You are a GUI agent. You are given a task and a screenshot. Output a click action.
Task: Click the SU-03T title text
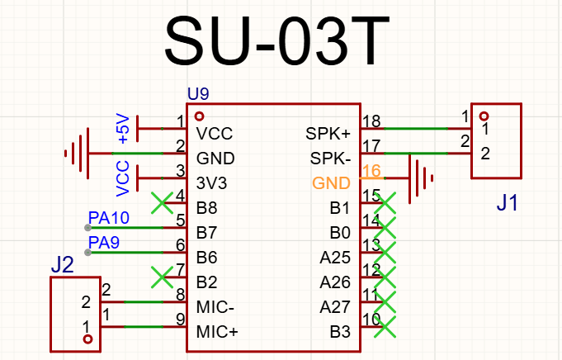[276, 40]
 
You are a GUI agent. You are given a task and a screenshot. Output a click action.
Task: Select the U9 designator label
[198, 94]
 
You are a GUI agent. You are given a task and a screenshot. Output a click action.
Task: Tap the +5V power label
[123, 129]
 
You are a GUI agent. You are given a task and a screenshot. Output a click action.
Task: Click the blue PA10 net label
[109, 218]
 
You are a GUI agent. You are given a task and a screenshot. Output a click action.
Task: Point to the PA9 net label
[104, 243]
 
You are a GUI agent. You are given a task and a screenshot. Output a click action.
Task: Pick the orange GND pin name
[331, 183]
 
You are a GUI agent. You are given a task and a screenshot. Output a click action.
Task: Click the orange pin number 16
[371, 171]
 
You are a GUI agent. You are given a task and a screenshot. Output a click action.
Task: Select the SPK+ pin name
[328, 134]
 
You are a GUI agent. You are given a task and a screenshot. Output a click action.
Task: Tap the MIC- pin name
[215, 307]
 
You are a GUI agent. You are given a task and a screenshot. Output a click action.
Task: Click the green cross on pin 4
[162, 203]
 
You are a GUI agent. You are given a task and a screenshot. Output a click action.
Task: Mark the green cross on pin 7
[162, 277]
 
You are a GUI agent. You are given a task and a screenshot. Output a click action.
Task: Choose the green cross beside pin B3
[385, 327]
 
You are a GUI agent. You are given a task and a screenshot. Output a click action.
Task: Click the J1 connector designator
[507, 202]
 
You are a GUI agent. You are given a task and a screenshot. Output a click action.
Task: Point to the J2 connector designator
[62, 265]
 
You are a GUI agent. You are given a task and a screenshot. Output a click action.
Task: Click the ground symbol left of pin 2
[77, 154]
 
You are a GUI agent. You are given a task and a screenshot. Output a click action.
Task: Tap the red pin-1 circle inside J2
[87, 339]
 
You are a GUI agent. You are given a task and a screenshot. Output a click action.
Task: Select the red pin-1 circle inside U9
[199, 116]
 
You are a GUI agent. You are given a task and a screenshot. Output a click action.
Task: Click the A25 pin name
[335, 258]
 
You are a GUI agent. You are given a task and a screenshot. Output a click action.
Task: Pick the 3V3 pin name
[211, 183]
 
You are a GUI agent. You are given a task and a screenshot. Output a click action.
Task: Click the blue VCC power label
[123, 178]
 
